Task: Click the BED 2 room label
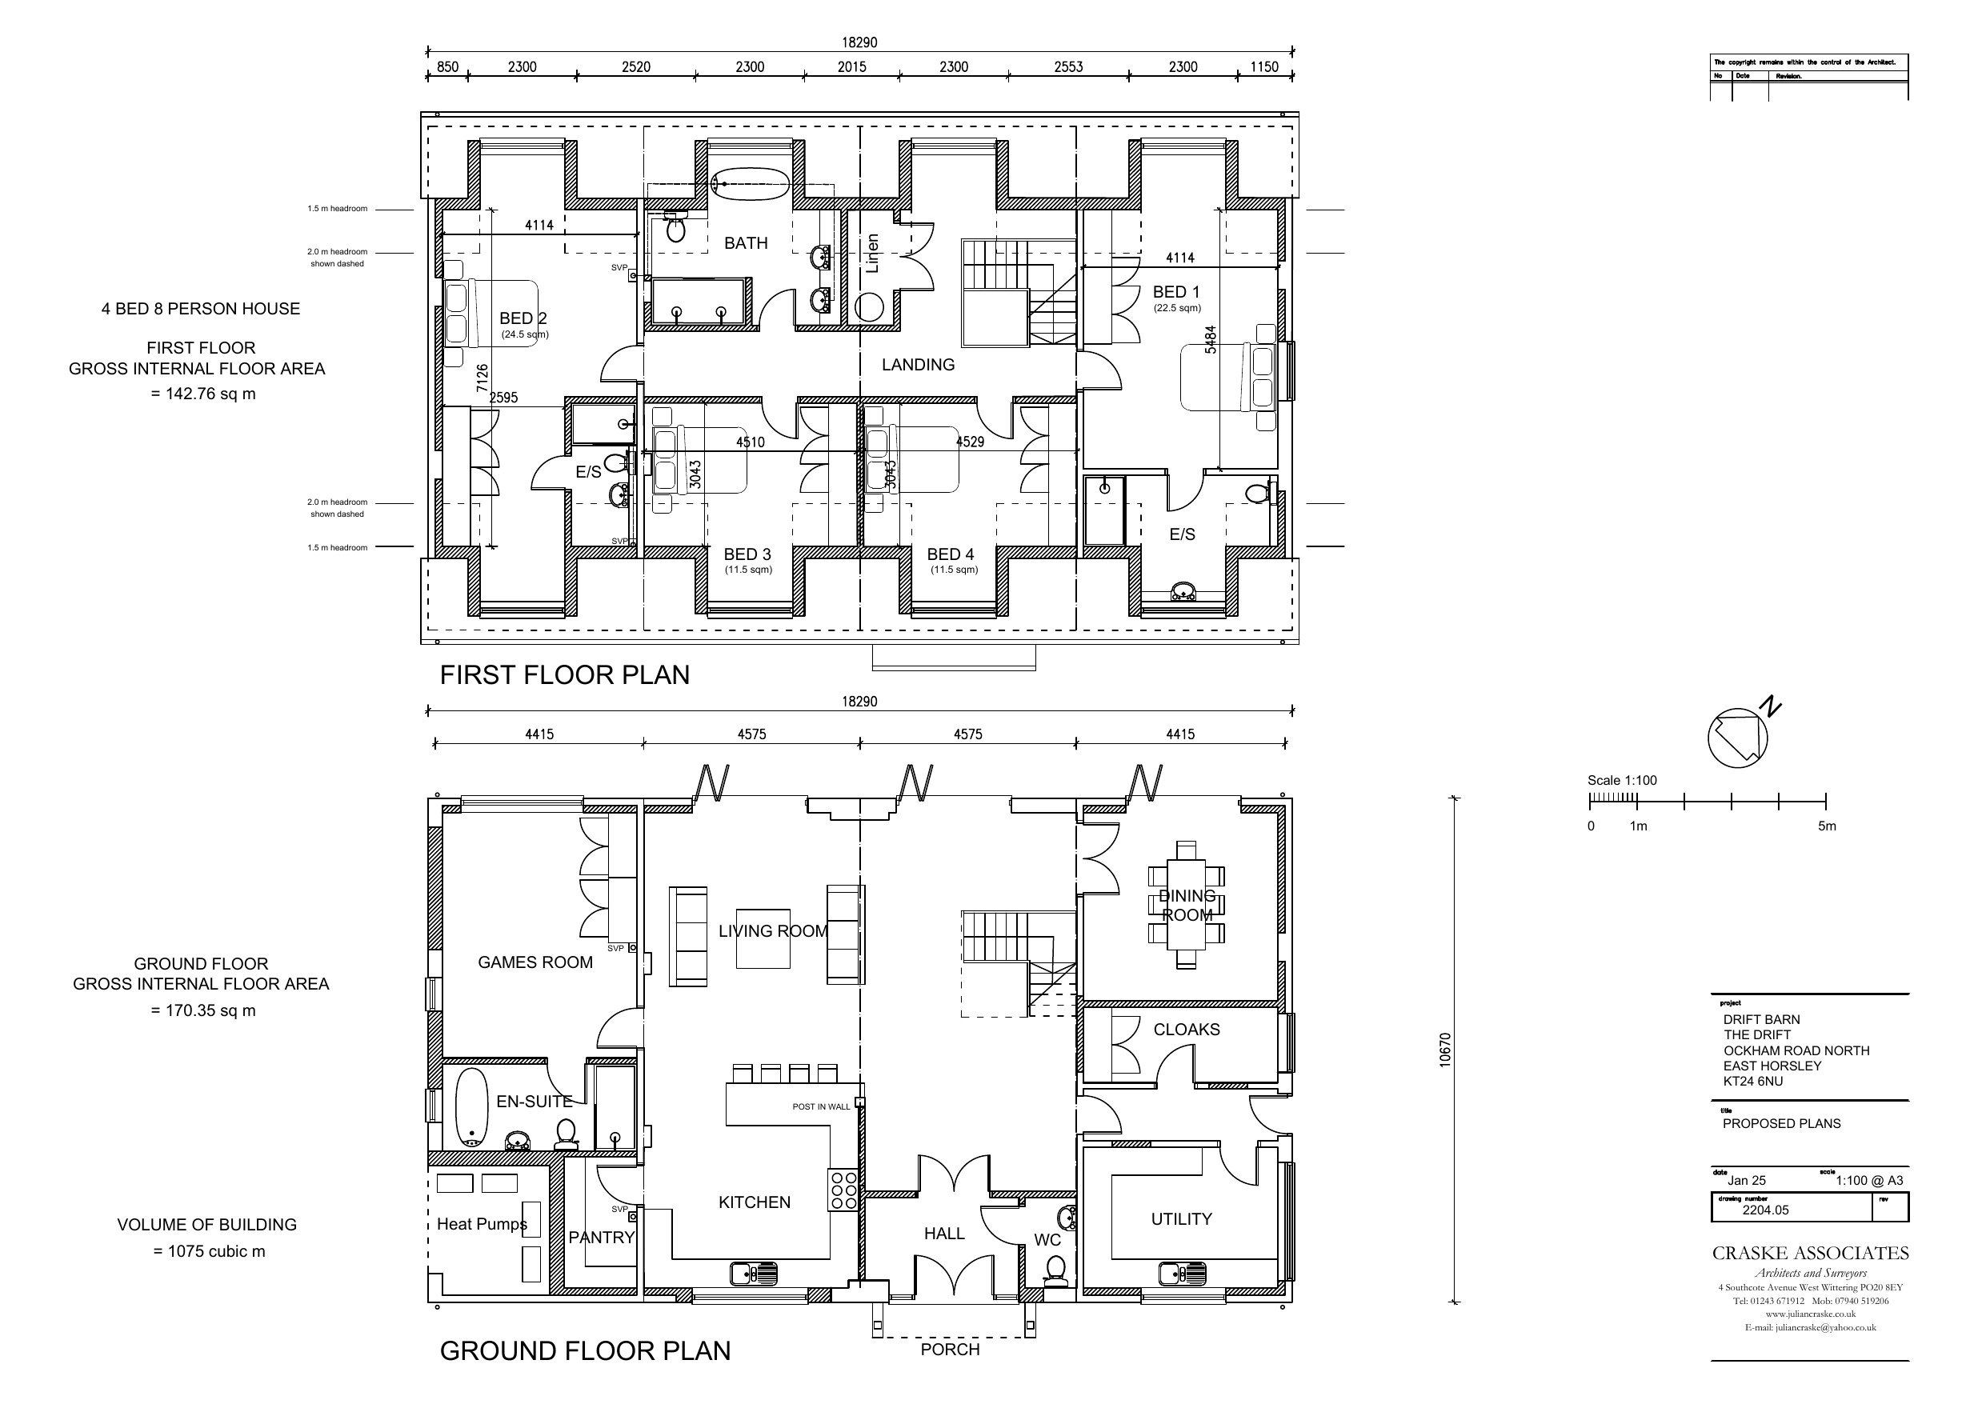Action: pyautogui.click(x=523, y=318)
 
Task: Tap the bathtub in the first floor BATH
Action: pyautogui.click(x=750, y=183)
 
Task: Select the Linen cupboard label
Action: pyautogui.click(x=872, y=253)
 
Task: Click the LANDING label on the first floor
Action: pyautogui.click(x=918, y=365)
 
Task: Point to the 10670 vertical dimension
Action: pyautogui.click(x=1444, y=1050)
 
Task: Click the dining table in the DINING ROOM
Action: pyautogui.click(x=1186, y=905)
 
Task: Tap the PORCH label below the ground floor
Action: pyautogui.click(x=950, y=1350)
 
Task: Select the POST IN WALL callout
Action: pyautogui.click(x=821, y=1106)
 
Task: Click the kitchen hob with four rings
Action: pyautogui.click(x=843, y=1190)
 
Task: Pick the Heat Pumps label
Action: pyautogui.click(x=481, y=1224)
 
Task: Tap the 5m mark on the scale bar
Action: pyautogui.click(x=1826, y=826)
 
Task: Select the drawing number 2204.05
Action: pyautogui.click(x=1765, y=1210)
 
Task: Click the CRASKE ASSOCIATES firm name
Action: pyautogui.click(x=1809, y=1253)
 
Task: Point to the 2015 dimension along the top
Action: pyautogui.click(x=851, y=66)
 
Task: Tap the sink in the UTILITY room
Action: pyautogui.click(x=1183, y=1274)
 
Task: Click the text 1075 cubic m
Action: pyautogui.click(x=209, y=1252)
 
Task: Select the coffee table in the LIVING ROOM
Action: pyautogui.click(x=763, y=938)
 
